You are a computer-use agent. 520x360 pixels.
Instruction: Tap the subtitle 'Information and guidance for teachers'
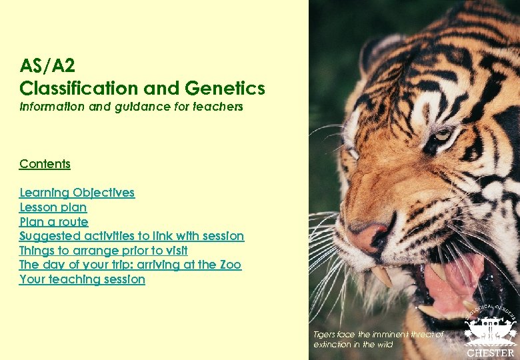131,107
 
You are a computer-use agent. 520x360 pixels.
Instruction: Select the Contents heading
45,164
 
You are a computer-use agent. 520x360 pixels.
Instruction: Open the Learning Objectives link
77,193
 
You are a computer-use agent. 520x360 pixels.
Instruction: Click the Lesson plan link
53,207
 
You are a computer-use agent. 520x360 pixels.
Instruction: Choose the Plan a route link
53,222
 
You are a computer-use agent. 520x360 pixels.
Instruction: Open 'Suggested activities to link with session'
131,236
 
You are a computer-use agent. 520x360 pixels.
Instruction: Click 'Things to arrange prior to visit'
103,251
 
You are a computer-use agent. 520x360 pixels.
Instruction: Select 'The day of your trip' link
130,265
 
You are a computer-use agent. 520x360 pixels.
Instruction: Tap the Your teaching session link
82,279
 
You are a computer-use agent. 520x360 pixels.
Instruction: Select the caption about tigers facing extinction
378,339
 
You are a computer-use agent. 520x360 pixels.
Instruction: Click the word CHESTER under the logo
490,353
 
